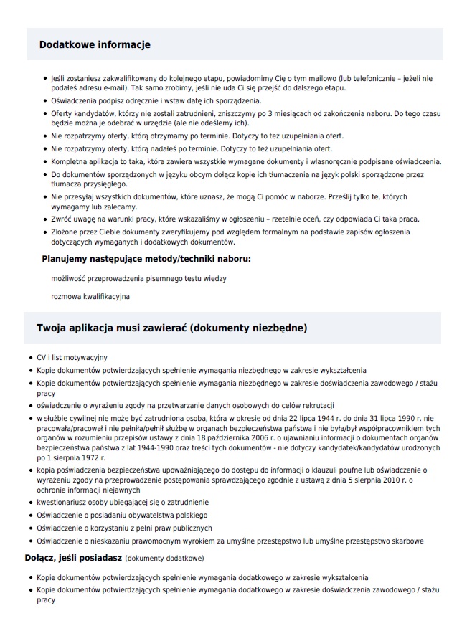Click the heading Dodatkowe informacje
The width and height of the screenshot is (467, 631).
pos(95,44)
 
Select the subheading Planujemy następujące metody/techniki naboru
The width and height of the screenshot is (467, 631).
pos(146,258)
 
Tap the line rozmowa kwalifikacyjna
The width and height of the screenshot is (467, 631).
pos(90,295)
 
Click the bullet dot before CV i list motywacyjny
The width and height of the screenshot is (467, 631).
pos(29,357)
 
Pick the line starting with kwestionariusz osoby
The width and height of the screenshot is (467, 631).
pos(123,502)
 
